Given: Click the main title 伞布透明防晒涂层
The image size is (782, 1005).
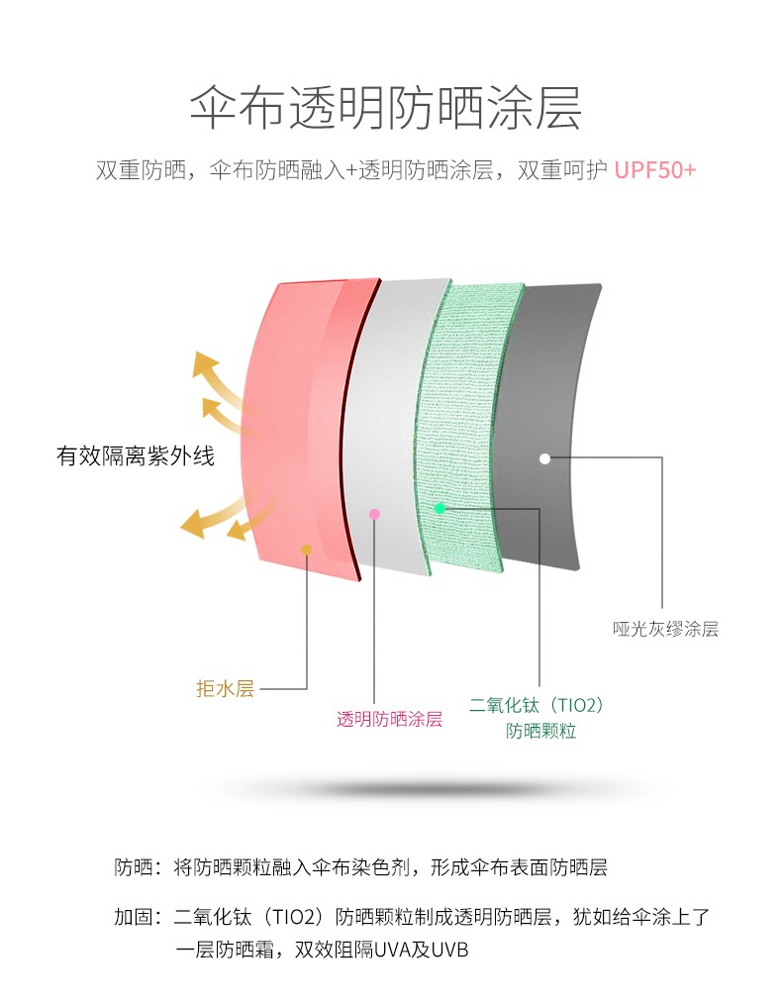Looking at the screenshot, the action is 386,107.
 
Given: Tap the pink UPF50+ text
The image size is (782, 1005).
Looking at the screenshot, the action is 654,170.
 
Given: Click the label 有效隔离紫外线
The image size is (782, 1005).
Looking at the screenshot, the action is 136,455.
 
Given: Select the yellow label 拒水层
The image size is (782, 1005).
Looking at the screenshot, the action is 225,688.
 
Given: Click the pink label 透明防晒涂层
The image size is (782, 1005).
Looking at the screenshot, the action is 390,719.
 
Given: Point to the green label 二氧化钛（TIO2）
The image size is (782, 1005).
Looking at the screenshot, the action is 537,705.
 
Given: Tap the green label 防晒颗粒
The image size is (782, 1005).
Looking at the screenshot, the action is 540,731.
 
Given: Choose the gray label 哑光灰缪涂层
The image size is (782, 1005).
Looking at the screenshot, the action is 665,629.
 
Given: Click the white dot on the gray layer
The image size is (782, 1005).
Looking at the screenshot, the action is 544,458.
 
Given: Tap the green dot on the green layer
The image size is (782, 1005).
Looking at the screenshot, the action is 440,508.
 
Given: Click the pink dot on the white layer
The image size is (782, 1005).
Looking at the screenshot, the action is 375,514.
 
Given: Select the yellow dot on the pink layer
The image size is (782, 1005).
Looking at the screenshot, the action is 307,550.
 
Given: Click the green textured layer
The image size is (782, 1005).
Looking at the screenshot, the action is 464,423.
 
